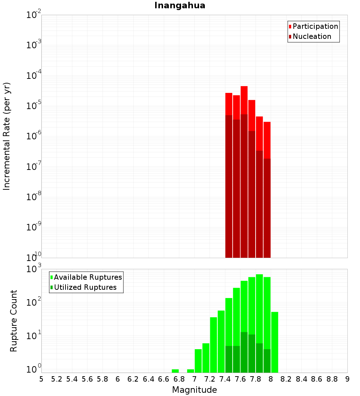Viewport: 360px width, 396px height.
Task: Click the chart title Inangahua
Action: click(x=180, y=6)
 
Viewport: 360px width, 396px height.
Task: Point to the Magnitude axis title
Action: click(x=194, y=390)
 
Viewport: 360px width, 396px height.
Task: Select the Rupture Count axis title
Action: click(x=14, y=321)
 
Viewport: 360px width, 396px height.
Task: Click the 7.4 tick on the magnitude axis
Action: click(x=225, y=379)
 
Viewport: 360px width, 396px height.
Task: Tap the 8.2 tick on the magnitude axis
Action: click(x=286, y=379)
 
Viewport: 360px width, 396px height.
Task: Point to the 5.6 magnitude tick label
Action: click(x=87, y=379)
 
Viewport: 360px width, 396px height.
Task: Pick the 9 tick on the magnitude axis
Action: click(x=347, y=379)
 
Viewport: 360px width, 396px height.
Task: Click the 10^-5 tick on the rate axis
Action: click(x=34, y=106)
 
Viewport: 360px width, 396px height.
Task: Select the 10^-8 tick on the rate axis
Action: click(x=34, y=197)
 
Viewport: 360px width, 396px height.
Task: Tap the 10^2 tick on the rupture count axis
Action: click(x=34, y=302)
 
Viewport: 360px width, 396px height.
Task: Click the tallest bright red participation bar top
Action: click(x=244, y=87)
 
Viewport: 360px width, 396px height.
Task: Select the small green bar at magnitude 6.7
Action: click(x=175, y=371)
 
